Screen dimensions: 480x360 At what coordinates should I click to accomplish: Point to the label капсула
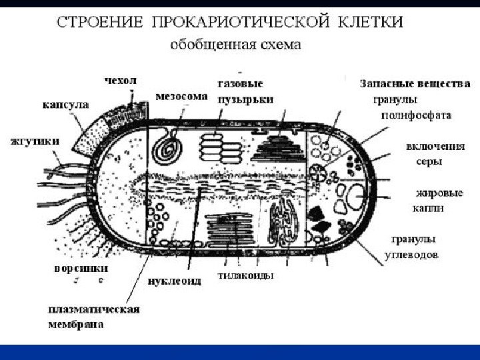tap(65, 105)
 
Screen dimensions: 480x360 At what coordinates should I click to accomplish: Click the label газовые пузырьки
tap(241, 91)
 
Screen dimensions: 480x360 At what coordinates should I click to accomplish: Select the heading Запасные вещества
tap(415, 85)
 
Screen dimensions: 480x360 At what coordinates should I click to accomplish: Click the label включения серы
tap(429, 153)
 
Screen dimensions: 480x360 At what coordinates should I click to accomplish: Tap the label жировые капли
tap(439, 200)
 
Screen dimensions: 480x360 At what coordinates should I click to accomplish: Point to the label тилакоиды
tap(247, 275)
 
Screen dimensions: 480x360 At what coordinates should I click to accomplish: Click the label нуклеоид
tap(174, 280)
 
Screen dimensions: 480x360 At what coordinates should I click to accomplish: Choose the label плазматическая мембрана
tap(93, 316)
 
